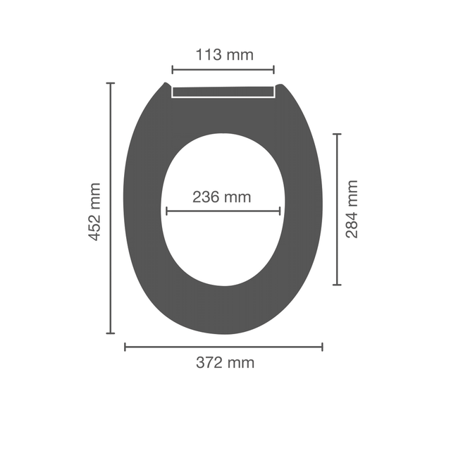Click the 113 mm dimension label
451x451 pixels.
224,55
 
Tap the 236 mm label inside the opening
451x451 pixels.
221,197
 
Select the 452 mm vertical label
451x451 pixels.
94,211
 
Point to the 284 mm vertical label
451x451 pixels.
352,209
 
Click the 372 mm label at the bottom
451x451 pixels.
225,362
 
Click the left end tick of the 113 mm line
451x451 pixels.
172,70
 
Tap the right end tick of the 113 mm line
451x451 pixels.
274,70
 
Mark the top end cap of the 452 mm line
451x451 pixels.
111,83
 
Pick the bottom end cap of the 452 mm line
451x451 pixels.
111,333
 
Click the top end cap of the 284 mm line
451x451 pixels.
337,134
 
